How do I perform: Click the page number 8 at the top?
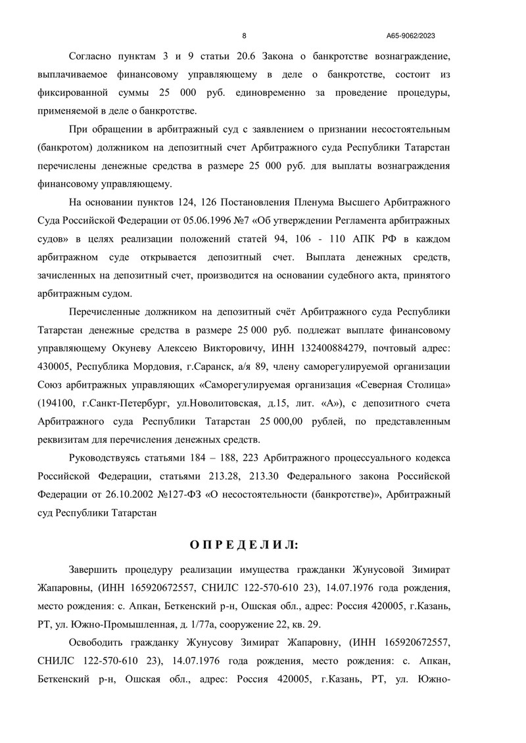point(245,35)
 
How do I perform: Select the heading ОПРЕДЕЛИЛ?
point(244,545)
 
